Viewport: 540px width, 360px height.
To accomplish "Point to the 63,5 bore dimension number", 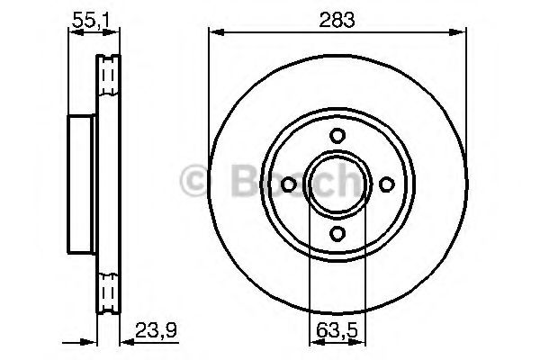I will coord(337,329).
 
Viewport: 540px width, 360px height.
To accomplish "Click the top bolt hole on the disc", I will coord(337,135).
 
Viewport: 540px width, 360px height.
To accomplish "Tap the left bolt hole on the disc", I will coord(288,184).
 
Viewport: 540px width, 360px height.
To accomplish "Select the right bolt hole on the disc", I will coord(387,184).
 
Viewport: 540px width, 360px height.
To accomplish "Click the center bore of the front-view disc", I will coord(337,184).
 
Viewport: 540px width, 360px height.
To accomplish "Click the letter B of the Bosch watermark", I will coord(236,183).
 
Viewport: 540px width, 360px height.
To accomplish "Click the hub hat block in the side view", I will coord(82,184).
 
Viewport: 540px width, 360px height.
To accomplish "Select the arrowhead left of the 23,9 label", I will coord(126,341).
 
